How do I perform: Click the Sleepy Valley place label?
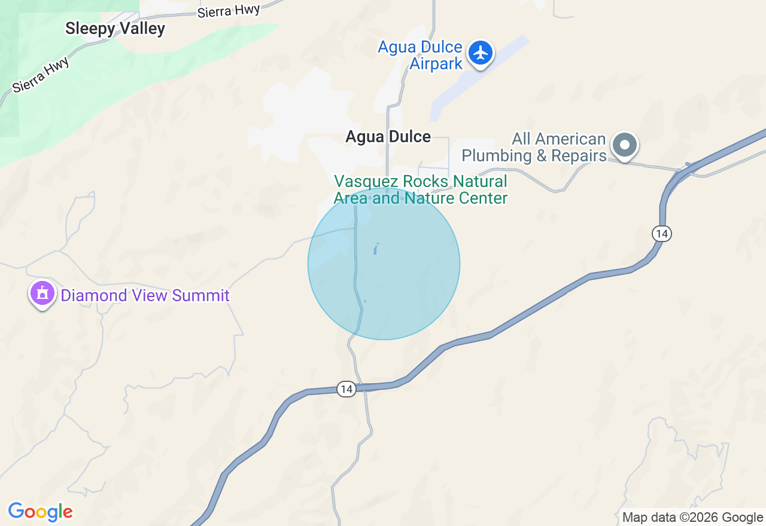coord(115,28)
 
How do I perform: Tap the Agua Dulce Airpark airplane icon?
coord(480,53)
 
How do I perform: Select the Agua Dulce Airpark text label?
coord(420,56)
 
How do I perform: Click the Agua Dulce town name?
coord(388,137)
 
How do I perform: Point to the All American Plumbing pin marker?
coord(625,145)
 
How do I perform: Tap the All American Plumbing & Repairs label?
coord(534,148)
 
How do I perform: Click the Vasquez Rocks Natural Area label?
coord(420,189)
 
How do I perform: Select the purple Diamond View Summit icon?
coord(42,293)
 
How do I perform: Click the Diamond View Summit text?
coord(145,295)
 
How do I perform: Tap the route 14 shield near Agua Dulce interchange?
coord(661,233)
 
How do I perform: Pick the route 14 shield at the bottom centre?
coord(346,389)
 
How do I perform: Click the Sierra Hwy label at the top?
coord(229,10)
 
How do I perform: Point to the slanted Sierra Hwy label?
coord(41,74)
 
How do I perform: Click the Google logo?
coord(40,512)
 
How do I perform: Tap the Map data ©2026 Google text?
coord(692,518)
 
